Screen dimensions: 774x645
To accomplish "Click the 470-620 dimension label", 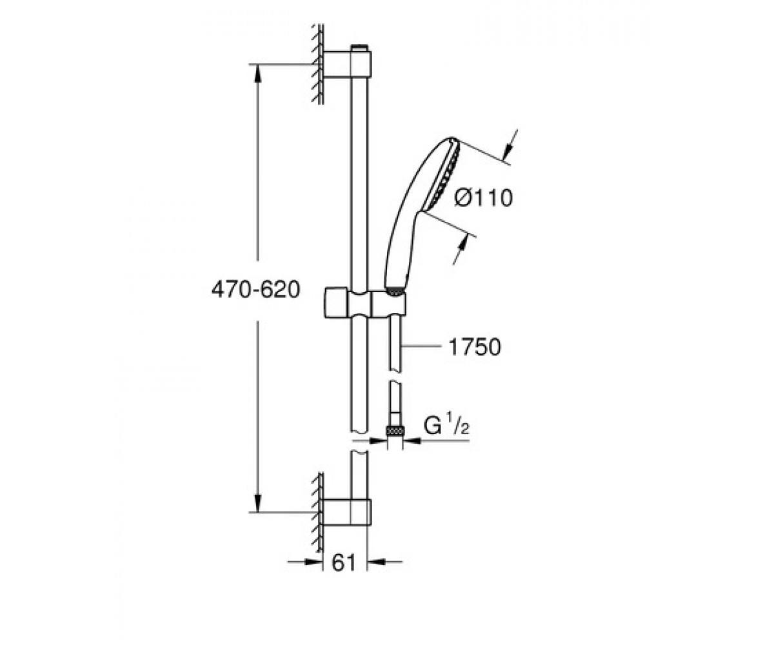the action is click(x=255, y=290).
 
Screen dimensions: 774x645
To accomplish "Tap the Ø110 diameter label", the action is click(x=483, y=197).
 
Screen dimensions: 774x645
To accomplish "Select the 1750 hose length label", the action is click(x=475, y=347).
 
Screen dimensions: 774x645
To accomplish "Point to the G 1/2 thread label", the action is click(x=446, y=426).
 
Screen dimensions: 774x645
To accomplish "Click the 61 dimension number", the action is click(x=344, y=563).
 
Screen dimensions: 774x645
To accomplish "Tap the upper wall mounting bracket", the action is click(x=347, y=64).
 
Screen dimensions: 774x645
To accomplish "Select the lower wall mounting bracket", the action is click(x=347, y=512).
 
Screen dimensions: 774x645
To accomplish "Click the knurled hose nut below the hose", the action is click(x=395, y=431).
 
